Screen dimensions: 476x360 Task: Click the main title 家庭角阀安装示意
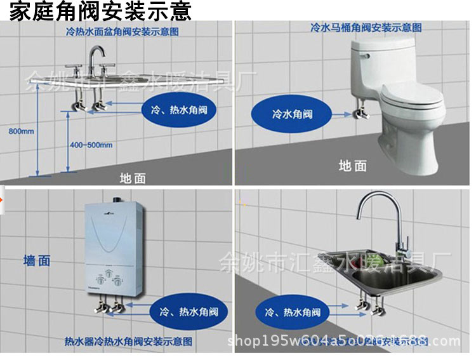[100, 11]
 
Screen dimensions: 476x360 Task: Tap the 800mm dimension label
[22, 131]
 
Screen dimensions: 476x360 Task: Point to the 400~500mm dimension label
[91, 145]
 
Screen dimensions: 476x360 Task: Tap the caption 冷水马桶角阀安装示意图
[366, 28]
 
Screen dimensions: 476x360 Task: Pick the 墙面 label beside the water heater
[37, 260]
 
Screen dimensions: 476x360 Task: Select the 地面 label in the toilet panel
[352, 166]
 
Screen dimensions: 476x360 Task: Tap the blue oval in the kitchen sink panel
[293, 312]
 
